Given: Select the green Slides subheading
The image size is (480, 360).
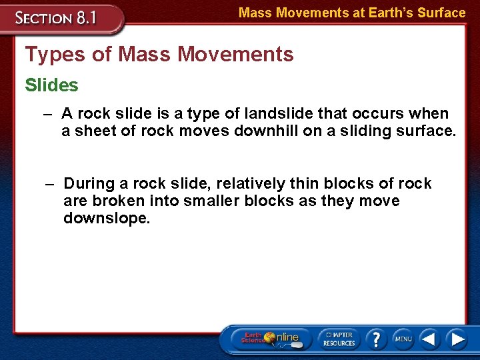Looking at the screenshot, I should point(51,85).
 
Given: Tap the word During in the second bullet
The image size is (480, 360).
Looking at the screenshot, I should point(90,183).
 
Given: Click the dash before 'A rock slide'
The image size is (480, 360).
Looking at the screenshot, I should point(47,114).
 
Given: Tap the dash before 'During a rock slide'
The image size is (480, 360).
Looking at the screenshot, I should point(50,184).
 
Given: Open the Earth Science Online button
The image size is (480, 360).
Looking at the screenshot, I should point(269,339).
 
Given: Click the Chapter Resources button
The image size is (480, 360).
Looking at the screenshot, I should point(339,339).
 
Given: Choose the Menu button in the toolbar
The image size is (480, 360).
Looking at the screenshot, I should point(403,339).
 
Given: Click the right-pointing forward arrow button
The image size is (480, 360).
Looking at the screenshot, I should point(457,339).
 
